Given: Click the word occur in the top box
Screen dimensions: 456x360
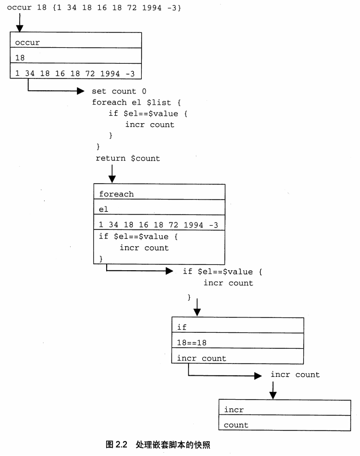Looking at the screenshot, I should coord(27,42).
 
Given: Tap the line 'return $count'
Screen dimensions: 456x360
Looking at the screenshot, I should coord(127,158).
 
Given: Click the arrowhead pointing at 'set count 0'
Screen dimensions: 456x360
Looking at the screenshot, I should coord(80,91).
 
